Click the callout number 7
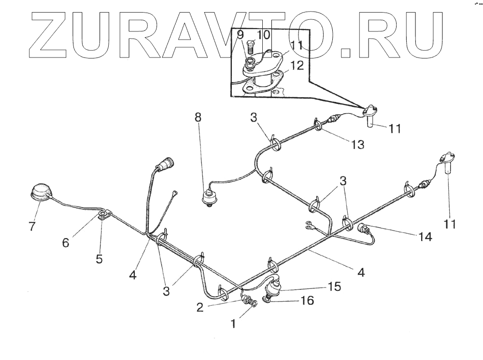coord(32,226)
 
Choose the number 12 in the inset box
coord(298,66)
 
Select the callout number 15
coord(334,287)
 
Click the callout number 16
coord(308,301)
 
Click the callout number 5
coord(99,259)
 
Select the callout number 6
coord(65,243)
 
